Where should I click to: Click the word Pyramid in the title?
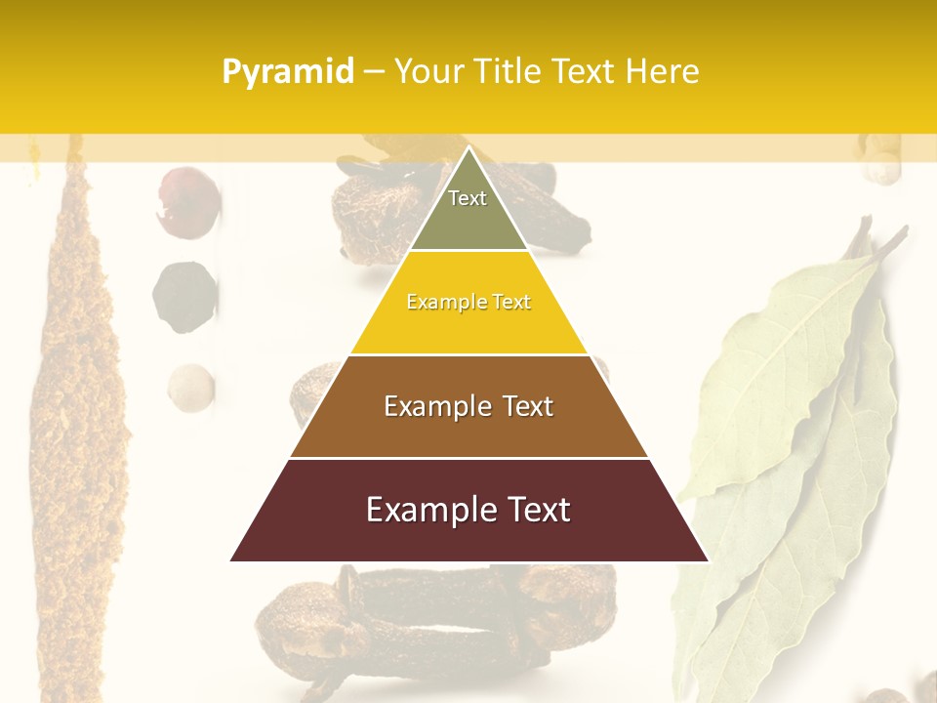(x=287, y=72)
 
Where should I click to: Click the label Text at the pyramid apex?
(x=468, y=198)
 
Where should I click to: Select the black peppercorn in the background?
(x=183, y=296)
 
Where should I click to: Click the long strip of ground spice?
(x=83, y=391)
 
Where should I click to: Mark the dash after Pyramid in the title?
(x=373, y=72)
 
